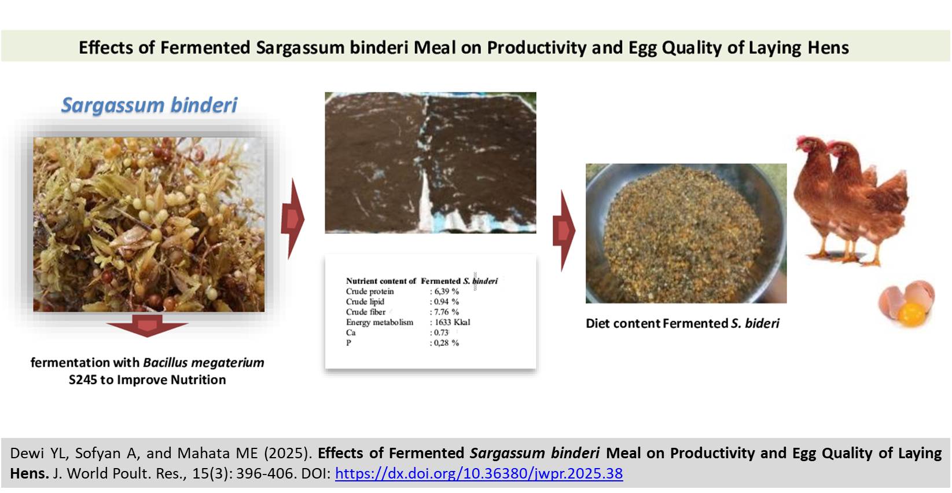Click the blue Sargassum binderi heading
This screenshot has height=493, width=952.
[149, 105]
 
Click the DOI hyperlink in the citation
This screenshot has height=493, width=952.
[479, 473]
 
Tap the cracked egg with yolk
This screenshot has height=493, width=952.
[906, 304]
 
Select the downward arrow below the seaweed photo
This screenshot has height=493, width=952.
[147, 326]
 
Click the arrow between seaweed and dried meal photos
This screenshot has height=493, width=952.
[293, 218]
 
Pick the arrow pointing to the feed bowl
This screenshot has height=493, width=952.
[564, 231]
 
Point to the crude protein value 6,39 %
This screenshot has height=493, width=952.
[444, 291]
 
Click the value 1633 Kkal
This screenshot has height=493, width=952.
[450, 322]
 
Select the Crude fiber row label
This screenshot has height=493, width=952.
[366, 312]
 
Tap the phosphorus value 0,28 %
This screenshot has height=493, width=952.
[444, 343]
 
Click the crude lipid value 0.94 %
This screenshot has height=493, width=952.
[444, 302]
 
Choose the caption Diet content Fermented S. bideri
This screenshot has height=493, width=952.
[682, 323]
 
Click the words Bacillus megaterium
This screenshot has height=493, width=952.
[204, 363]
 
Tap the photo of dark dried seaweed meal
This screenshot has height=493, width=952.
[431, 162]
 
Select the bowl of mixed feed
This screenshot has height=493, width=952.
[686, 233]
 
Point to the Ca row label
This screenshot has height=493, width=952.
[351, 333]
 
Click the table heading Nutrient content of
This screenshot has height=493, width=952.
[381, 281]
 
